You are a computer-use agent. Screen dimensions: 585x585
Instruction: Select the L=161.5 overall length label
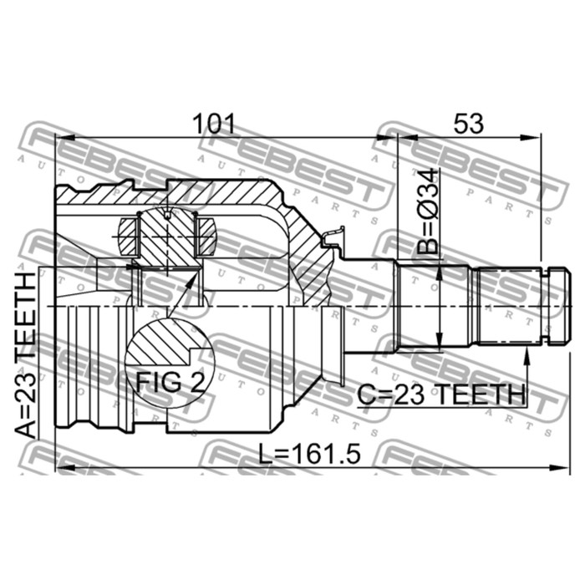coord(310,454)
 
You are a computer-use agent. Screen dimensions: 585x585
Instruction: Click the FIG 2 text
coord(170,382)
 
